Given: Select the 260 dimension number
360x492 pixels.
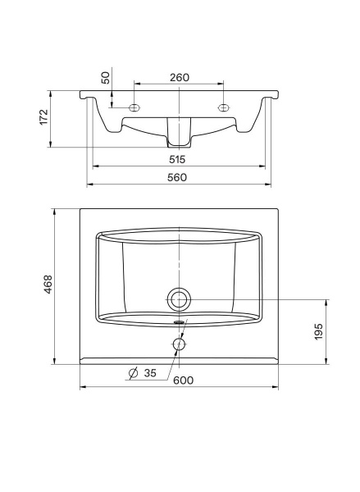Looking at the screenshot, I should pos(180,77).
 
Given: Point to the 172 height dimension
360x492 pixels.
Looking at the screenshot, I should pos(43,118).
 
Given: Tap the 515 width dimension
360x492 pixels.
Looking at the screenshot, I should pos(177,159).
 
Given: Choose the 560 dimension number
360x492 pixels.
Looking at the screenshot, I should pos(177,177).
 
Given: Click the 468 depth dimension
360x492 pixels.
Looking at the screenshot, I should pos(48,285).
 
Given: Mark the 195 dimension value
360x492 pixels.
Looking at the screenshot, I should pos(319,331).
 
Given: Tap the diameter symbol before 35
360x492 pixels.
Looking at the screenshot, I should pos(133,375).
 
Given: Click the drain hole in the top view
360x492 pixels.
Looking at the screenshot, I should pos(178,298).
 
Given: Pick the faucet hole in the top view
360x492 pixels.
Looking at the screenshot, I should pos(178,344).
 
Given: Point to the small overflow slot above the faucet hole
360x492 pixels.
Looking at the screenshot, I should pos(178,323).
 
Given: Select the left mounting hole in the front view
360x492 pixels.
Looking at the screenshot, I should pos(135,107).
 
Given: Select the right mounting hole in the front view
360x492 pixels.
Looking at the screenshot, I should pos(221,107).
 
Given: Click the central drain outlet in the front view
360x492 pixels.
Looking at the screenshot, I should pos(178,131).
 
